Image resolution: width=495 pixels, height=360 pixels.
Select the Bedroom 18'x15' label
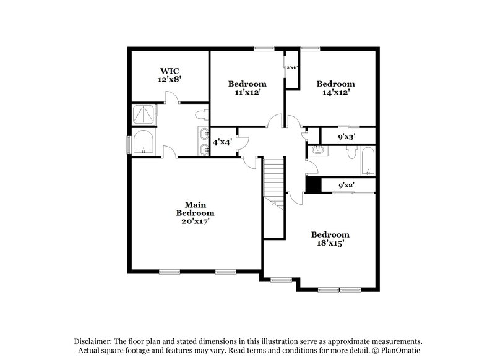[x=330, y=239]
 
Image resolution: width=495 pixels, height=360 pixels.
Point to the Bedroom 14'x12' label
[x=336, y=88]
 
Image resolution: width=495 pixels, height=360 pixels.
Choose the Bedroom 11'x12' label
[x=247, y=88]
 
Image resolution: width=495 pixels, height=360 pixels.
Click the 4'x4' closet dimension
[x=222, y=142]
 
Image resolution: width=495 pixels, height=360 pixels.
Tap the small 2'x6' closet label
[x=291, y=67]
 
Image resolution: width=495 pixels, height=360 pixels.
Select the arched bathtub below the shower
[x=143, y=144]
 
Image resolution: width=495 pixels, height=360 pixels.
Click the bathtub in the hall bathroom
[x=368, y=162]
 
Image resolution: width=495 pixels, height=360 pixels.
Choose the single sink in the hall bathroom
[x=317, y=150]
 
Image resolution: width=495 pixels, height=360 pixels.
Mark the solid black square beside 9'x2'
[x=313, y=185]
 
